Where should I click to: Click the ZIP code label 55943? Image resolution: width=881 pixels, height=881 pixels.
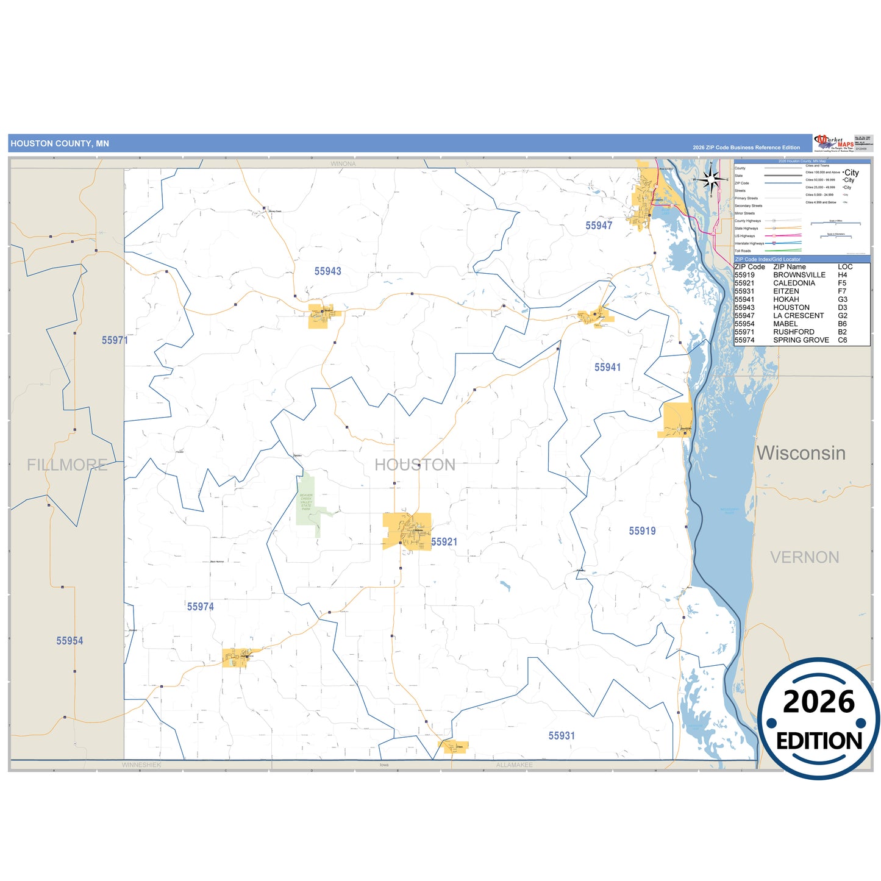(327, 271)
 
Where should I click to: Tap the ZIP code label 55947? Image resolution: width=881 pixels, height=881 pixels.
(599, 226)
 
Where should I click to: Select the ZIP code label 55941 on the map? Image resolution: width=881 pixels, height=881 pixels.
(607, 367)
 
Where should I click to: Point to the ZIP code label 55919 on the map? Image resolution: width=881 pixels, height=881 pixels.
(642, 531)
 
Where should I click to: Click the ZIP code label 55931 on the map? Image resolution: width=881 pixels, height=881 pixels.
(561, 736)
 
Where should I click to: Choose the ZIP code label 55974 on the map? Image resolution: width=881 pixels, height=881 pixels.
(200, 607)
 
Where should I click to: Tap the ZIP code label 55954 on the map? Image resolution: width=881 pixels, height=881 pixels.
(70, 641)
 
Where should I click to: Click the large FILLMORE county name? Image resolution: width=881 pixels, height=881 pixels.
(67, 465)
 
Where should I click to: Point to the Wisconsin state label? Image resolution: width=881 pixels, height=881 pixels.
(801, 453)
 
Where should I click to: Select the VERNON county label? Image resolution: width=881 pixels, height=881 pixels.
(804, 557)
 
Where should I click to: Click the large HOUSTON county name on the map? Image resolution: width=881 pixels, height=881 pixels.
(415, 465)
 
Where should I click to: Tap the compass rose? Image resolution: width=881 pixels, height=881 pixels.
(710, 179)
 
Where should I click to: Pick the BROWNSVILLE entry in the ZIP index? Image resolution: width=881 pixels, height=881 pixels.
(799, 275)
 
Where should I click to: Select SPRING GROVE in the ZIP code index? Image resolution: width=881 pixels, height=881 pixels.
(801, 340)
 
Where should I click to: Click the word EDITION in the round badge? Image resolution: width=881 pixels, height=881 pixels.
(819, 741)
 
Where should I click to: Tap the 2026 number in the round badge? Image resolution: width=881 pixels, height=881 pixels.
(819, 702)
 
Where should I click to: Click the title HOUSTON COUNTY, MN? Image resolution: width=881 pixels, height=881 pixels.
(60, 144)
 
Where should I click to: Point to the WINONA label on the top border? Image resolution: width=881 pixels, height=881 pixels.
(343, 164)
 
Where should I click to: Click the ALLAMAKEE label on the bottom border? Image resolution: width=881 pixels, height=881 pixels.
(514, 765)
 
